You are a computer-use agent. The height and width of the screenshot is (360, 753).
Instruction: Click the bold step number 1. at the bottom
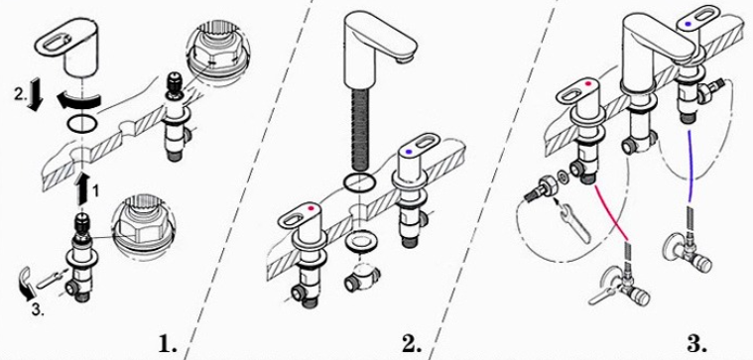pos(168,344)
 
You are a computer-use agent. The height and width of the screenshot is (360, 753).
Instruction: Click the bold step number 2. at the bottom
pos(412,344)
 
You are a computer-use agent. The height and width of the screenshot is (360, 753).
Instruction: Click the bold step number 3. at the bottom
pos(696,344)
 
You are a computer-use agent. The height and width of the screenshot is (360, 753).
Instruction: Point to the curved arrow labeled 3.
pos(28,284)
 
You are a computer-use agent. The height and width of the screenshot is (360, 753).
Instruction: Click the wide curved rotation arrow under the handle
pos(79,100)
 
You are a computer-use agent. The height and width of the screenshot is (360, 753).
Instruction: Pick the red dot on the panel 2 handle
pos(312,209)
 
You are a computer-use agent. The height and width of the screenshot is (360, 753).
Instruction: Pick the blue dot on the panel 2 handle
pos(408,152)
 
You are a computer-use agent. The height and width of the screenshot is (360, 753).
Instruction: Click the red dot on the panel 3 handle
pos(587,84)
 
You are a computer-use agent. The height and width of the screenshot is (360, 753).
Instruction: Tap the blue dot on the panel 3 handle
pos(689,23)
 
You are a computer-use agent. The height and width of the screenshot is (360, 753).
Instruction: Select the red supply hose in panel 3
pos(611,211)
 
